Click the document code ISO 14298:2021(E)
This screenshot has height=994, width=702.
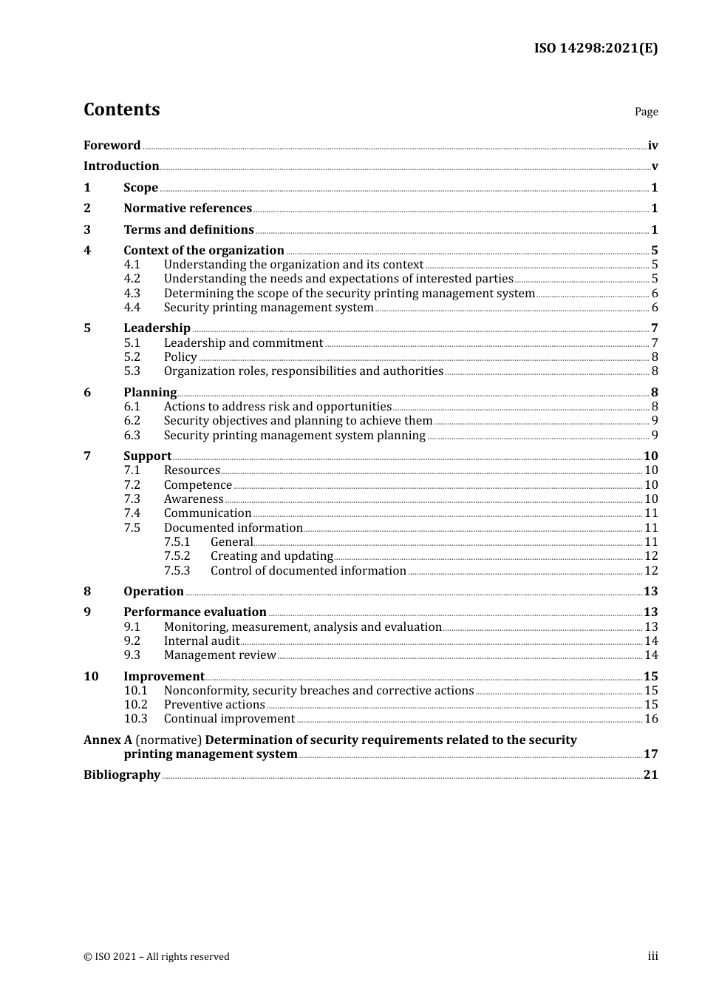[x=596, y=48]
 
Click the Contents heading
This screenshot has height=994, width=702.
[x=121, y=109]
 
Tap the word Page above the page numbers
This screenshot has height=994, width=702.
[x=646, y=112]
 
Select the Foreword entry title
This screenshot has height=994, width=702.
[x=112, y=146]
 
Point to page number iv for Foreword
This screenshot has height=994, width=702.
[x=652, y=146]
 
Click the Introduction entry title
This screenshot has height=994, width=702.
[x=121, y=166]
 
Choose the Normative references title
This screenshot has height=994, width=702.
[x=188, y=209]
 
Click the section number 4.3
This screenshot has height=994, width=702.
[x=132, y=294]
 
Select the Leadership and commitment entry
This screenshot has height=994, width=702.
[x=243, y=343]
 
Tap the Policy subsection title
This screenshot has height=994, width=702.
[x=180, y=357]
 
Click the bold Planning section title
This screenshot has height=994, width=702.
[x=150, y=393]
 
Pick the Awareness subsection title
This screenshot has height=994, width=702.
[x=194, y=499]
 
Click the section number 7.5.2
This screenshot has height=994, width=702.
[x=177, y=556]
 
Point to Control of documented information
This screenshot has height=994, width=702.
[x=308, y=571]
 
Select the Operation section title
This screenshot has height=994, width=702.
[x=154, y=592]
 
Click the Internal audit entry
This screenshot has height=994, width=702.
[x=202, y=641]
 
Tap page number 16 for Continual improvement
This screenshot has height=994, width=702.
[x=651, y=719]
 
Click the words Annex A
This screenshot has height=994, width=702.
[x=108, y=740]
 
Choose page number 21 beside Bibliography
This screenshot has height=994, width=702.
[x=650, y=775]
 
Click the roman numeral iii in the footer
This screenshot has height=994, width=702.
[x=652, y=956]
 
